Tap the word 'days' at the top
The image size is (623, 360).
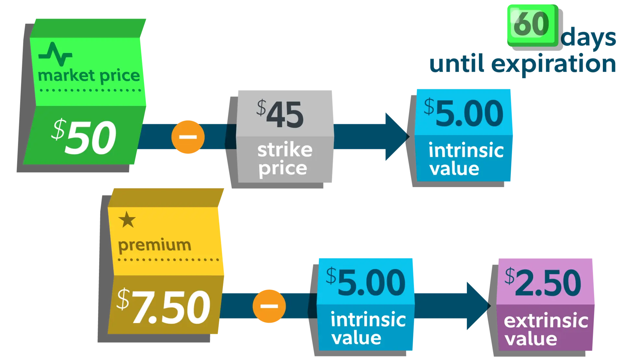[588, 37]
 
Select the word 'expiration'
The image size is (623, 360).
[554, 64]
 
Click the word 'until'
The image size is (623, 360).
[457, 63]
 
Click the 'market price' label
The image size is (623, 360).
[89, 76]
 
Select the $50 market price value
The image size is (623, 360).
[84, 137]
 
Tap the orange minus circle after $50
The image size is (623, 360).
[188, 137]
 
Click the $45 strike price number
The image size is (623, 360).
[280, 114]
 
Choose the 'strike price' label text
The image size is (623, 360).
[285, 159]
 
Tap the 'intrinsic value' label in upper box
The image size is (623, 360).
[466, 159]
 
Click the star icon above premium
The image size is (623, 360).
[127, 220]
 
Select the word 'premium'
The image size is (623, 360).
[154, 245]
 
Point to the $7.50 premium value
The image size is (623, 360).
[164, 306]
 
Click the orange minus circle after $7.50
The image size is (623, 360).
[269, 306]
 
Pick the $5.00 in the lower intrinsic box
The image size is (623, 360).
[366, 282]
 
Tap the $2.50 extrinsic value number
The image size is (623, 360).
[543, 282]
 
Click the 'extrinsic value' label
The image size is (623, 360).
[546, 329]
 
